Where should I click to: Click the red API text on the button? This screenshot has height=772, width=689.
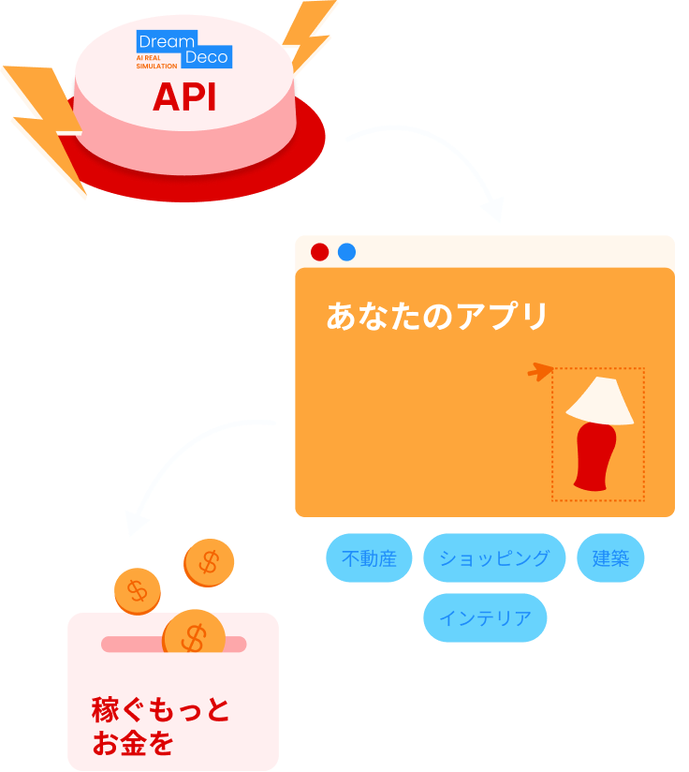pos(184,97)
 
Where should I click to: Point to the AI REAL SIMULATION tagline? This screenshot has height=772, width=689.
pos(156,62)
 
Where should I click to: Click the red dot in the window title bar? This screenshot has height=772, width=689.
pos(319,252)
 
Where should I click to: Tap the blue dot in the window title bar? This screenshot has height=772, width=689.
pos(346,252)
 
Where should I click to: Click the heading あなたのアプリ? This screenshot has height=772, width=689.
pos(436,317)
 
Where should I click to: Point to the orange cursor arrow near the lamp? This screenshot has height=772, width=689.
pos(540,372)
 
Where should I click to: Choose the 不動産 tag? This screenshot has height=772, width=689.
pos(369,558)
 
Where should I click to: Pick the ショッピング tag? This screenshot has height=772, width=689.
pos(494,558)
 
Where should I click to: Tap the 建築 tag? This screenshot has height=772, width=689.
pos(610,558)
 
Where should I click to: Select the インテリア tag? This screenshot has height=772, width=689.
pos(485,618)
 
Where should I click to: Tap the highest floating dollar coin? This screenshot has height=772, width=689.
pos(209,563)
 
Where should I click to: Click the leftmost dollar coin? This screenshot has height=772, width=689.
pos(138,591)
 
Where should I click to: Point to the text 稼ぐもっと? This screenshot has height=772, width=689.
pos(160,710)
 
